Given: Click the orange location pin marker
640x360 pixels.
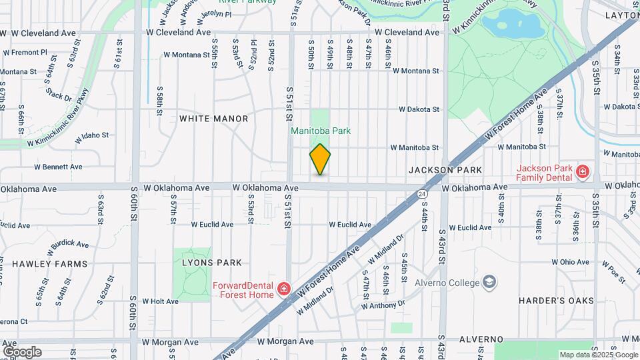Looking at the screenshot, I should pyautogui.click(x=320, y=159).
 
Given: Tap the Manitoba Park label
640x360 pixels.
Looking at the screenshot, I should pyautogui.click(x=320, y=131).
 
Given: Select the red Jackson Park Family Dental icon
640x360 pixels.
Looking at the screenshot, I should pyautogui.click(x=583, y=172).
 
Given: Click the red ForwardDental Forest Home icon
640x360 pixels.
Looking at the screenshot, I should pyautogui.click(x=284, y=288).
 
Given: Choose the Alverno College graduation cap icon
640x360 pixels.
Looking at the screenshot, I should pyautogui.click(x=491, y=282).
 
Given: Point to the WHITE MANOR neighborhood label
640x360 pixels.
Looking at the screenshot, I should pyautogui.click(x=213, y=119).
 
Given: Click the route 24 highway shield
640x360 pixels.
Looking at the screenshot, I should pyautogui.click(x=423, y=193).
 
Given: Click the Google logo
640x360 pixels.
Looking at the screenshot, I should pyautogui.click(x=22, y=352).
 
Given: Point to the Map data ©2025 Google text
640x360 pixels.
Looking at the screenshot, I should pyautogui.click(x=598, y=355).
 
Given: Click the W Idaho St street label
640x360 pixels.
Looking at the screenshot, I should pyautogui.click(x=92, y=136).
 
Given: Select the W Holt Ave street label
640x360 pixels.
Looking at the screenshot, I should pyautogui.click(x=160, y=301).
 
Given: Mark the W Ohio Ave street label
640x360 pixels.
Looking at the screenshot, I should pyautogui.click(x=571, y=262).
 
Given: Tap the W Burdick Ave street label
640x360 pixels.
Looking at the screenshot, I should pyautogui.click(x=69, y=245).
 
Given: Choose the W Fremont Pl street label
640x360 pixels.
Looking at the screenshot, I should pyautogui.click(x=25, y=51).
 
